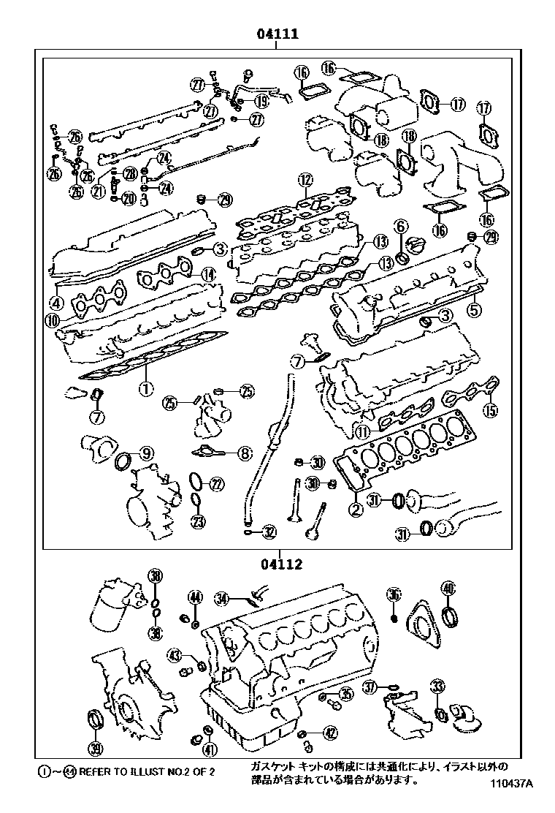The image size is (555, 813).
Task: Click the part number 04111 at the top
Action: (x=277, y=34)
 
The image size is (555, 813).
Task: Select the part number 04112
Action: (x=279, y=564)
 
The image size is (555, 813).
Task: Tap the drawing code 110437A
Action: (x=510, y=784)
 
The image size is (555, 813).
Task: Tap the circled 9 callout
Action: (x=146, y=454)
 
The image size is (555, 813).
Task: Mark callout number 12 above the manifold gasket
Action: (x=305, y=180)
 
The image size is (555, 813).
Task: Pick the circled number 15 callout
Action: (x=491, y=409)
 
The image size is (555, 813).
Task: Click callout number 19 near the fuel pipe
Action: (x=261, y=102)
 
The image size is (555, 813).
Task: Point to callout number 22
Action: (x=217, y=483)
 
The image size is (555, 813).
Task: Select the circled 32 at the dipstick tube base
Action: (x=269, y=532)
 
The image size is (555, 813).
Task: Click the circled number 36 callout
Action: (x=394, y=596)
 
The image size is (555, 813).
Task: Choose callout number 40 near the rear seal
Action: (x=448, y=587)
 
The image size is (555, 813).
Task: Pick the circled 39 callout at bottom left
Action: (x=95, y=747)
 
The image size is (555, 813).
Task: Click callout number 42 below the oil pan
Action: (x=331, y=733)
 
